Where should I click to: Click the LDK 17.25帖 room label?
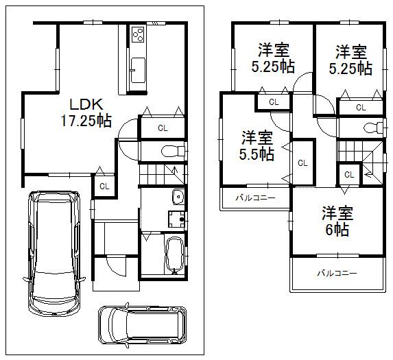86,112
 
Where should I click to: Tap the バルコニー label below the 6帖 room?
336,273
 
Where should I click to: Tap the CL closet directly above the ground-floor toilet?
163,128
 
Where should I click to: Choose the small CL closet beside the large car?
104,186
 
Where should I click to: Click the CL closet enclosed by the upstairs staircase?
348,175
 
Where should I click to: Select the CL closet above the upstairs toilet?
360,107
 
